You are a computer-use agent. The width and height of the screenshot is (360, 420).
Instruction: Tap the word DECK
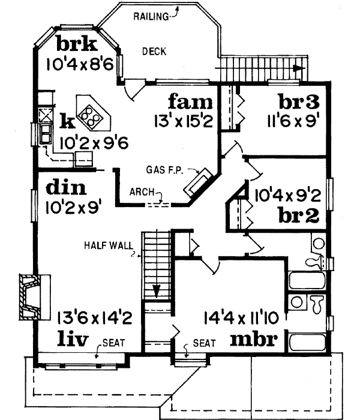tap(154, 52)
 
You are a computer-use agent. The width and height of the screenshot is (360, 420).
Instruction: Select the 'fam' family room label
tap(190, 99)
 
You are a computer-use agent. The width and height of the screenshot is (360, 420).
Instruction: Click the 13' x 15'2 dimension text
tap(182, 120)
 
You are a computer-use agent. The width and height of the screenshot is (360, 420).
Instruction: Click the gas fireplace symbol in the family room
tap(197, 182)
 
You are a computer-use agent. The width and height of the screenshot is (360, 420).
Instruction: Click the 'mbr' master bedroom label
tap(254, 340)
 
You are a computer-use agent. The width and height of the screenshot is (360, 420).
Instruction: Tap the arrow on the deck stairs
tap(298, 68)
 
